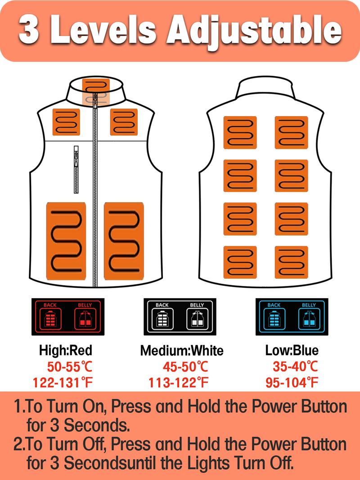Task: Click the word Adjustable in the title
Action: click(254, 31)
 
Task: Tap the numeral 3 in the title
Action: click(29, 30)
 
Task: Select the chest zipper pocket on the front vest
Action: click(76, 169)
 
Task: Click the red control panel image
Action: click(68, 317)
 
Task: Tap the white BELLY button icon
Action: click(197, 319)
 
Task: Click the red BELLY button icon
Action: click(85, 319)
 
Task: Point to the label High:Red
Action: click(65, 350)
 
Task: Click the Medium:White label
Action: click(182, 350)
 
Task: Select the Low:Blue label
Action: click(292, 350)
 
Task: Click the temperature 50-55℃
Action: click(70, 367)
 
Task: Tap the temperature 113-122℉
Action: click(178, 382)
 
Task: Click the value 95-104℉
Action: click(292, 382)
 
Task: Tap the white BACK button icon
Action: click(162, 319)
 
